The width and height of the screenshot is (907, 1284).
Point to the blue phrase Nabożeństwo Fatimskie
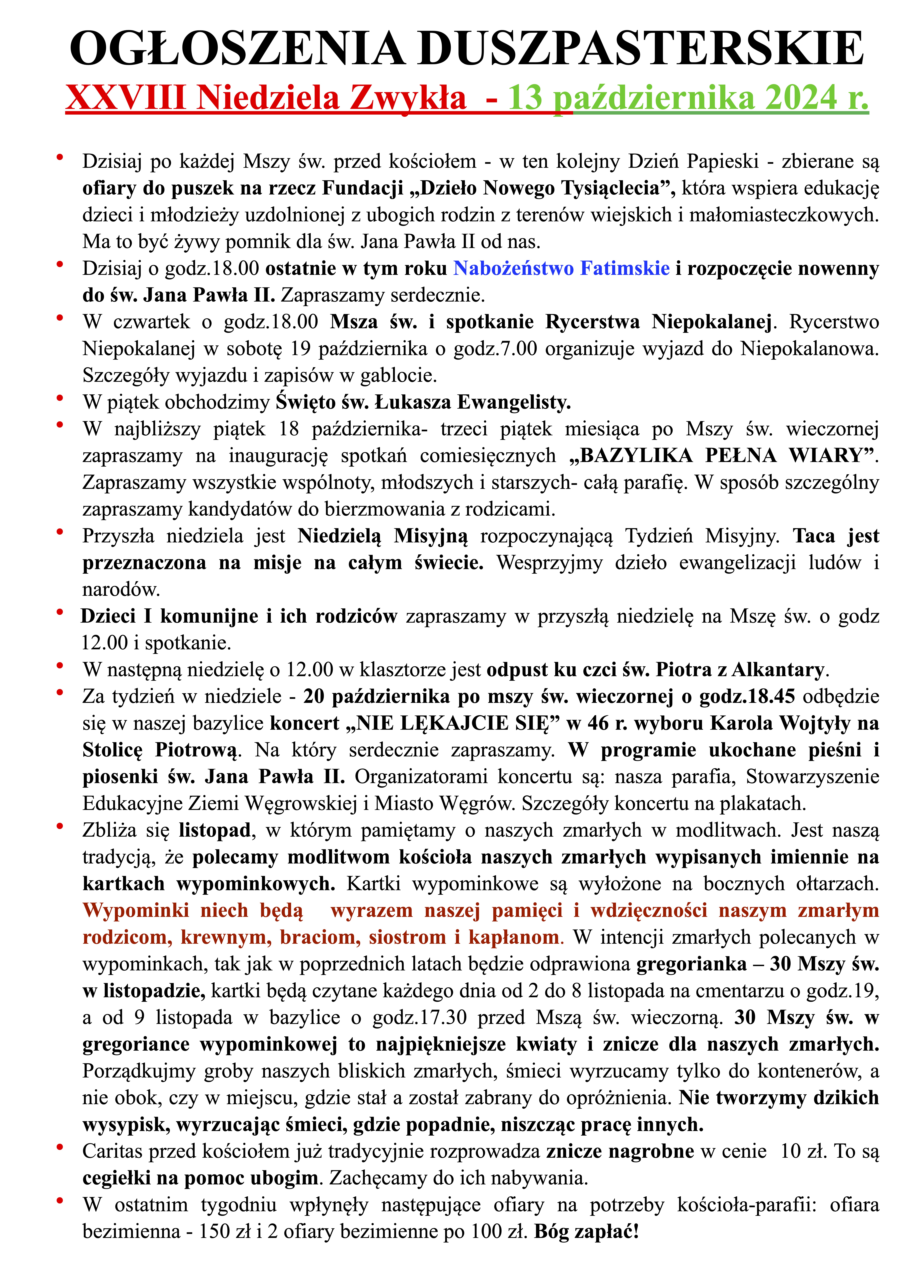(x=561, y=268)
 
